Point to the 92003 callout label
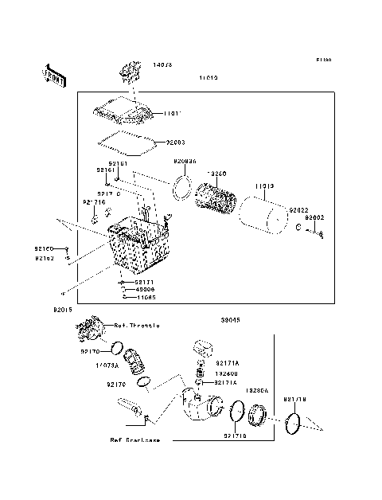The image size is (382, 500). click(176, 143)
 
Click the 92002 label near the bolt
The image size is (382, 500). click(317, 217)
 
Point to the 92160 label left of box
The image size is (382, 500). click(45, 248)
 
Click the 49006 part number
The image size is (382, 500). click(145, 289)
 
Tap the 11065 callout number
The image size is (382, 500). click(145, 297)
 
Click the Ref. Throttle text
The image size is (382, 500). click(138, 326)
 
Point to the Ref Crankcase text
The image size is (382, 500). click(134, 439)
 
